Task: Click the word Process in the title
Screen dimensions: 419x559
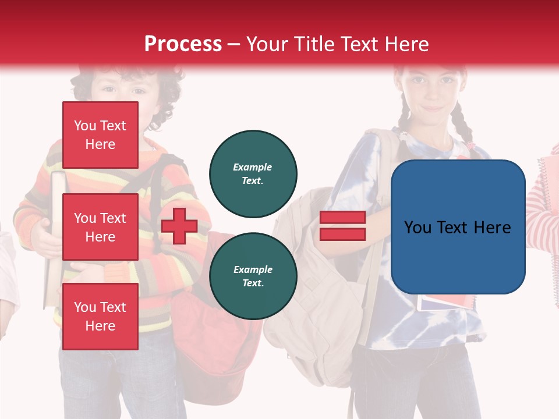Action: point(183,44)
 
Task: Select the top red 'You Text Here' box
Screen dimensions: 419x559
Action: point(100,135)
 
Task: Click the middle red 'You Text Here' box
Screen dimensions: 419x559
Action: point(100,227)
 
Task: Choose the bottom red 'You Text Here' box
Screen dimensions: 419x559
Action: point(100,316)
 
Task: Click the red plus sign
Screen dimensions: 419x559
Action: point(179,226)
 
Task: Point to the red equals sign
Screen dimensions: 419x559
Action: point(342,226)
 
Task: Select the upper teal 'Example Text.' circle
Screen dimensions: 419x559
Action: point(253,173)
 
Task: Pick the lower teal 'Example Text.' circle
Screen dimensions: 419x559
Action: point(253,276)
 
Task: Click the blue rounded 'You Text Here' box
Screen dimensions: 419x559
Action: point(458,227)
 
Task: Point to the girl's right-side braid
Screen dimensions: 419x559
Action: point(463,128)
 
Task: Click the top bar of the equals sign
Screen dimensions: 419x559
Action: point(342,217)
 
